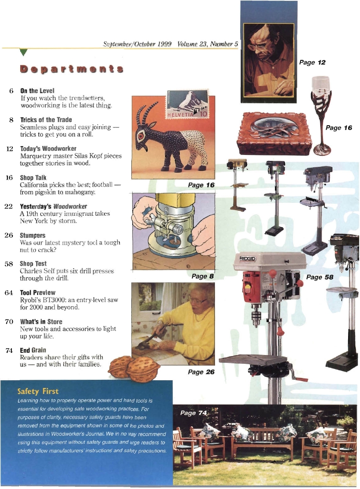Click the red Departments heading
coord(71,69)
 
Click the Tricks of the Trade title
coord(46,120)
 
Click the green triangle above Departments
coord(25,53)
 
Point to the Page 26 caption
coord(201,372)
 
